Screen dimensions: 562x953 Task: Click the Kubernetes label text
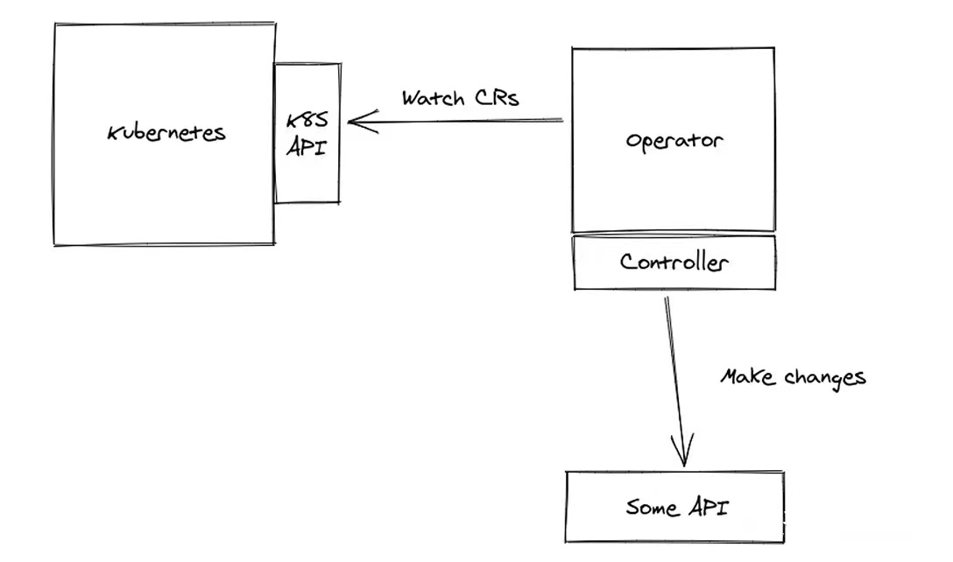[166, 133]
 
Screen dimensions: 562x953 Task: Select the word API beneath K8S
[307, 147]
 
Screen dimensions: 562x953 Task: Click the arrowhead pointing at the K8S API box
[358, 121]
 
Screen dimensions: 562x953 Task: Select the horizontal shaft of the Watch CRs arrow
[464, 120]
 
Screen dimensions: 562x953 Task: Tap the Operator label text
[674, 140]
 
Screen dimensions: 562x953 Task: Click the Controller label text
[674, 261]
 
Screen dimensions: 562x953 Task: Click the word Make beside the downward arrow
[748, 377]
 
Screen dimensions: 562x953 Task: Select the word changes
[824, 377]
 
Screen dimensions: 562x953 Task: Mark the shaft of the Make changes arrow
[675, 376]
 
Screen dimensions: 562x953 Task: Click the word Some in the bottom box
[652, 507]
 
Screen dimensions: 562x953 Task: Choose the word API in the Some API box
[706, 507]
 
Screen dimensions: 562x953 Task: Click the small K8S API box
[307, 184]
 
